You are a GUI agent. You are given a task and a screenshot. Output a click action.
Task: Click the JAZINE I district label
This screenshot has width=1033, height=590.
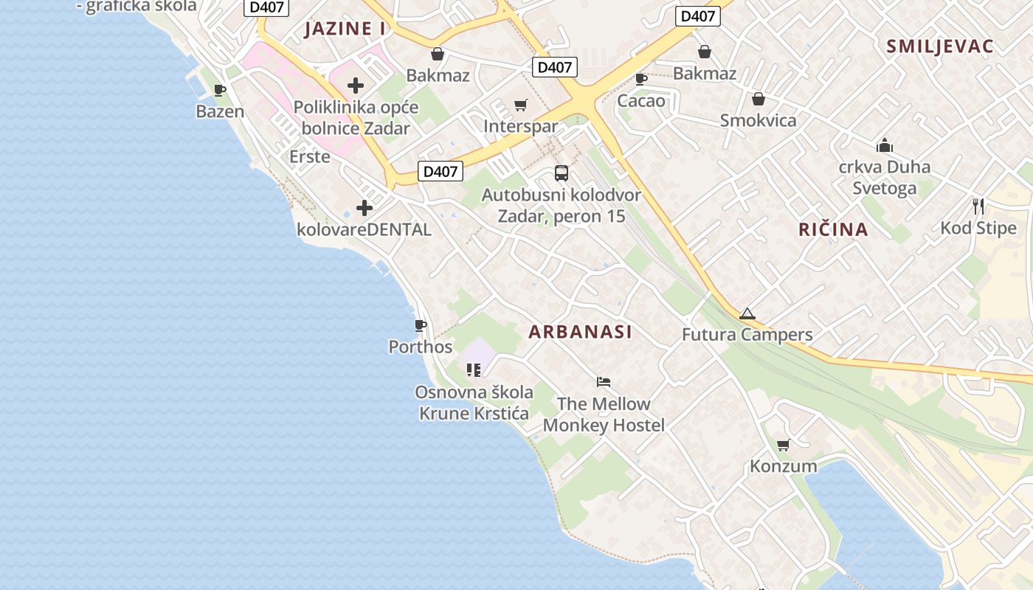pos(345,29)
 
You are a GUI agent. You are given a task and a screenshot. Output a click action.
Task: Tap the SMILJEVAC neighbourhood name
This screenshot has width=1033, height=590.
pos(940,46)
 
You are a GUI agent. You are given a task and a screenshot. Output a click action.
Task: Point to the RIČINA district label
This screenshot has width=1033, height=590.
pos(833,229)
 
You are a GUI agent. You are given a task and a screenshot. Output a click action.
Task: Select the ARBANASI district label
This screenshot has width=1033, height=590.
pos(580,332)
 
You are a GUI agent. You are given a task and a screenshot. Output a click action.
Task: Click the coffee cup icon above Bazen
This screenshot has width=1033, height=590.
pos(219,90)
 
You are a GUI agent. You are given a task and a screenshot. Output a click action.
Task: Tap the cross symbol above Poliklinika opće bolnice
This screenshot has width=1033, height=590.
pos(356,86)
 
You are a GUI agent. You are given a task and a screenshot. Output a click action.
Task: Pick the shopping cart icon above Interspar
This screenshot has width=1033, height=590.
pos(521,105)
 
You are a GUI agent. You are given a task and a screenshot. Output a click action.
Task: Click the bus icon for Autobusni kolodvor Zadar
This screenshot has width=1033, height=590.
pos(562,173)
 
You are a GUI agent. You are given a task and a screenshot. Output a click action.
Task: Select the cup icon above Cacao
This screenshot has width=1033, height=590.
pos(641,79)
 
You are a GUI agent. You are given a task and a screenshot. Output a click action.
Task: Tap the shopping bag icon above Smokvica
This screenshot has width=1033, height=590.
pos(758,99)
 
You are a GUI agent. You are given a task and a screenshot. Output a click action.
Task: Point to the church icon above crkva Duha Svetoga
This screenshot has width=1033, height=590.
pos(884,145)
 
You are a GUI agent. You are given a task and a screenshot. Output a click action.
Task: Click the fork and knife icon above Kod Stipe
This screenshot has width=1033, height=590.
pos(978,206)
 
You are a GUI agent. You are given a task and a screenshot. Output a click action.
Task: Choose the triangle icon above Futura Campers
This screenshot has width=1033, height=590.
pos(747,313)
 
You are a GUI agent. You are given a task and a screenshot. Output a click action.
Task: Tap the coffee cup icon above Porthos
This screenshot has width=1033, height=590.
pos(421,325)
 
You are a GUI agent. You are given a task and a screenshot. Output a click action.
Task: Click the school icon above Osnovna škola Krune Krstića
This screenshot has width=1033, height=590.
pos(473,369)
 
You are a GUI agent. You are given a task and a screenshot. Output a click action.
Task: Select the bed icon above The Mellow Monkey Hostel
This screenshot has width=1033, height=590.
pos(604,382)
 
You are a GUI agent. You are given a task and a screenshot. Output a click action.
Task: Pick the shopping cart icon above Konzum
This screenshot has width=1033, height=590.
pos(783,445)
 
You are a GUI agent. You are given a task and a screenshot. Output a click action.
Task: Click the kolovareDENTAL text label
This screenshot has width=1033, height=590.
pos(364,229)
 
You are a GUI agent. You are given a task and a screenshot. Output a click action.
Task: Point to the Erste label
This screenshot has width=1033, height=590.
pos(309,156)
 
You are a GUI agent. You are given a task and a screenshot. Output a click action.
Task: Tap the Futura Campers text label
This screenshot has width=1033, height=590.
pos(747,335)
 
